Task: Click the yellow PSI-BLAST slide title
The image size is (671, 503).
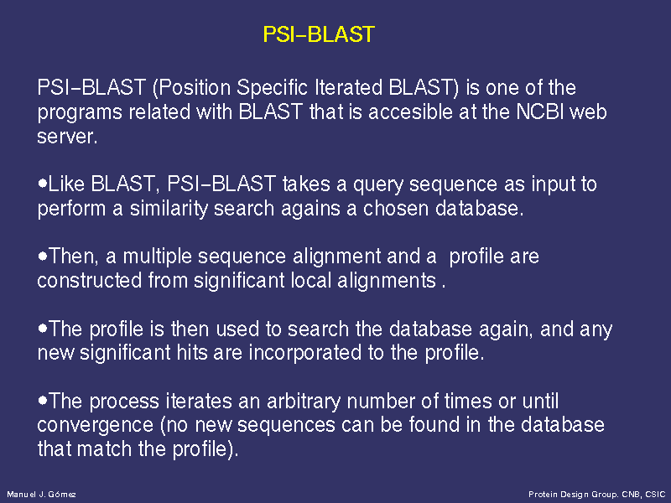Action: click(319, 34)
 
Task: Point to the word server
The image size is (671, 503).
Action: click(67, 137)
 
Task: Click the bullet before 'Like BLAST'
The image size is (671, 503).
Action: click(42, 183)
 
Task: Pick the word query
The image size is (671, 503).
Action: click(378, 184)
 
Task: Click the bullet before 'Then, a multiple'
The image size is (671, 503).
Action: click(42, 256)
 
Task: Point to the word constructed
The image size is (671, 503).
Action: click(90, 281)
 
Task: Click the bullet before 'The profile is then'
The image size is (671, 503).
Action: click(42, 328)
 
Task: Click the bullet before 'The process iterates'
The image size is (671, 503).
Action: click(42, 401)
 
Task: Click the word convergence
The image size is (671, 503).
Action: click(95, 426)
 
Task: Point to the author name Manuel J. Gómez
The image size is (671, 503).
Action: click(41, 495)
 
